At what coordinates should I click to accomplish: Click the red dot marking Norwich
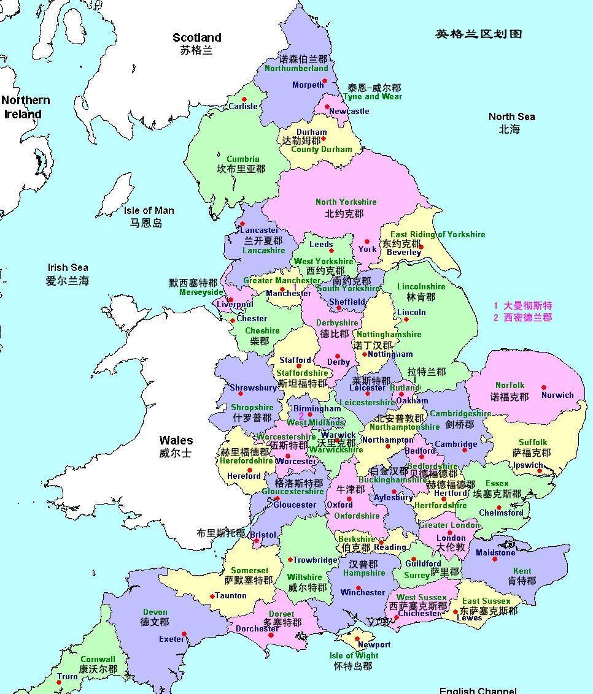(543, 387)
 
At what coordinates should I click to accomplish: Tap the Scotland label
(196, 38)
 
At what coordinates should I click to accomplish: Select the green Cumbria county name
(243, 159)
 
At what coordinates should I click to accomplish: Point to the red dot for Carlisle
(244, 99)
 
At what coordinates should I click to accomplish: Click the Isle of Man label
(149, 210)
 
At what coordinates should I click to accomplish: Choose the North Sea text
(511, 116)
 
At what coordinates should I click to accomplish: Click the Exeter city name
(171, 639)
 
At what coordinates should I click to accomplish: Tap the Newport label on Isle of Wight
(374, 644)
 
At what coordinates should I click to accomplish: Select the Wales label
(176, 440)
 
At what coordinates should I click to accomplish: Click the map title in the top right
(478, 34)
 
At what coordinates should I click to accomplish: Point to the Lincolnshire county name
(421, 286)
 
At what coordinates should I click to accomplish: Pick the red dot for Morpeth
(325, 81)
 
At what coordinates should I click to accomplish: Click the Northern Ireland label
(25, 107)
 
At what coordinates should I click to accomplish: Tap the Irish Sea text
(68, 267)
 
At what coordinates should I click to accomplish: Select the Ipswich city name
(529, 465)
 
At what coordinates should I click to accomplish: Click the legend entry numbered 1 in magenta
(522, 305)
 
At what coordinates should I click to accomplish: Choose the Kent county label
(522, 571)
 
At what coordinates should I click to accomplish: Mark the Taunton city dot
(212, 596)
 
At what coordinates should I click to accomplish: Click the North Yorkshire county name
(346, 202)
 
